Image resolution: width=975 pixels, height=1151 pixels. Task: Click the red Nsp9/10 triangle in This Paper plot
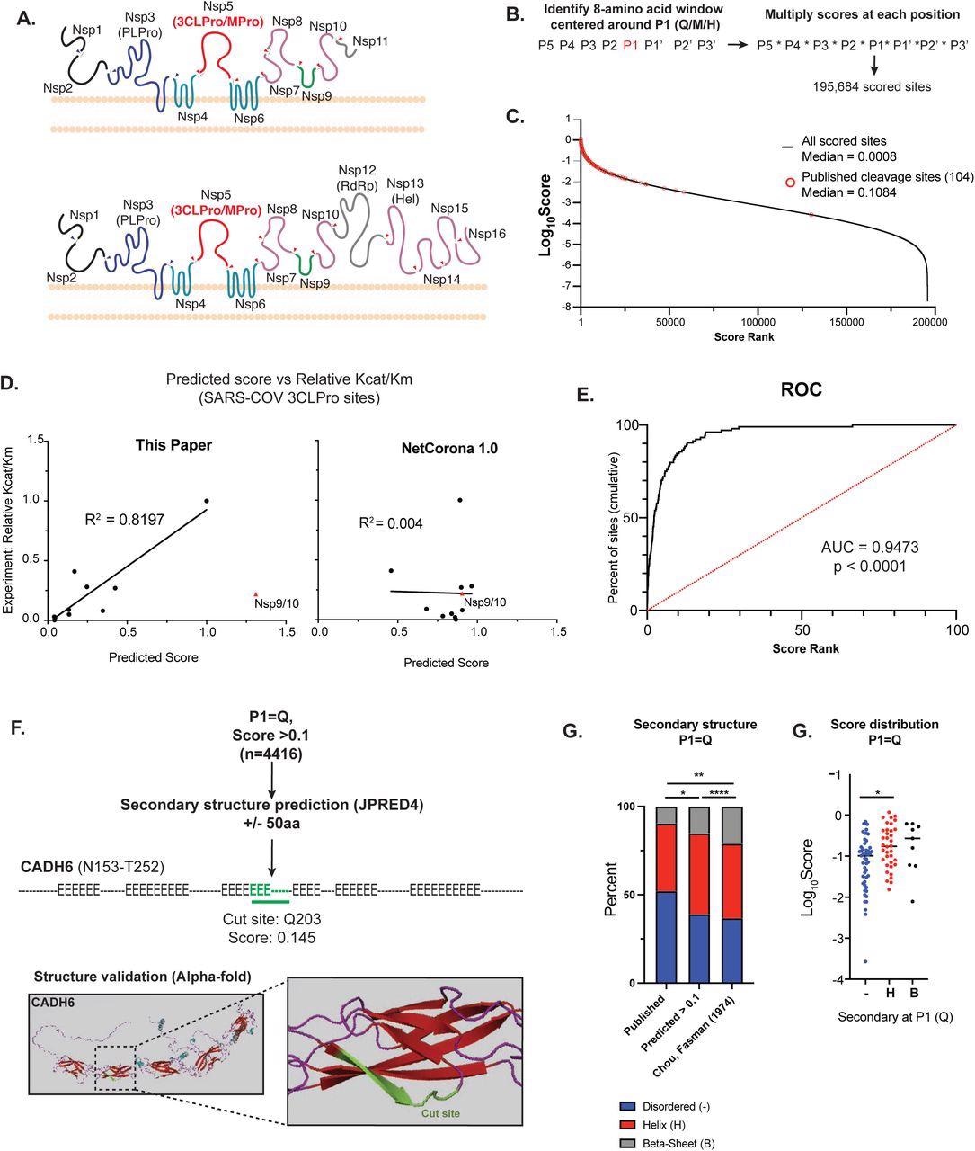pos(256,594)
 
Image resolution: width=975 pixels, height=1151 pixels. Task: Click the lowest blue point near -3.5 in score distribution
pos(864,961)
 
